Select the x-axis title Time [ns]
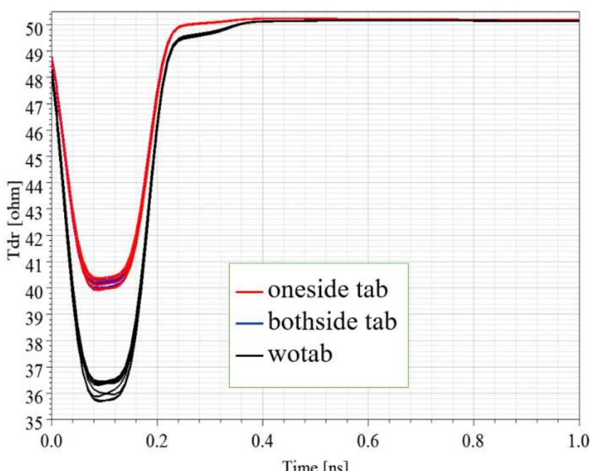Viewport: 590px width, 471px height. point(315,464)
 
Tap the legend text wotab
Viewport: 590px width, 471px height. point(300,354)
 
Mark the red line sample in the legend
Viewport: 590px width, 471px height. point(249,292)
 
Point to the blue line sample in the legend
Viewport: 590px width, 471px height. point(249,324)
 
